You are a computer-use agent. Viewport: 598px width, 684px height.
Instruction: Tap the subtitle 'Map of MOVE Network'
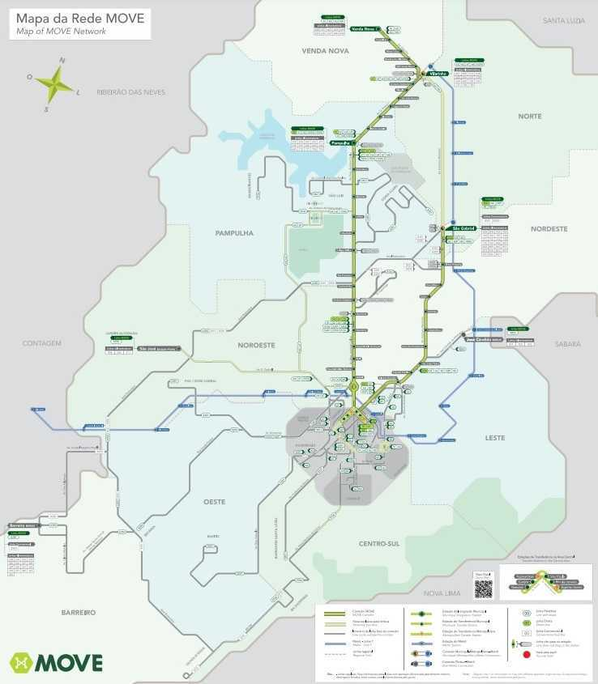pyautogui.click(x=62, y=31)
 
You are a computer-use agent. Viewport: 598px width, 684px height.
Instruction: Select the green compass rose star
pyautogui.click(x=55, y=83)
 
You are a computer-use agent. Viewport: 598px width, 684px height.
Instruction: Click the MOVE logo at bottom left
pyautogui.click(x=56, y=662)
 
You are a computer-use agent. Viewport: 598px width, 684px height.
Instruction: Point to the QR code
pyautogui.click(x=484, y=588)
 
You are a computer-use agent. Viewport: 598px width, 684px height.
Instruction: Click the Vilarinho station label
pyautogui.click(x=439, y=74)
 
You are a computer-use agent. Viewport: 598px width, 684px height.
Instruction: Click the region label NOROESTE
pyautogui.click(x=256, y=345)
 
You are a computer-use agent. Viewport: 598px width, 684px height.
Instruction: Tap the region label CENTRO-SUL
pyautogui.click(x=380, y=544)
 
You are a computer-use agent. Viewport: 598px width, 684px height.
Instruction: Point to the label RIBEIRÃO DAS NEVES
pyautogui.click(x=130, y=92)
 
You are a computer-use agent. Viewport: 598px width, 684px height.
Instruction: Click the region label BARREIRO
pyautogui.click(x=78, y=613)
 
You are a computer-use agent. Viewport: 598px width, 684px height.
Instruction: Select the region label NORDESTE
pyautogui.click(x=549, y=229)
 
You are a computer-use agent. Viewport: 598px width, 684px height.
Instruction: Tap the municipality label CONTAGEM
pyautogui.click(x=41, y=343)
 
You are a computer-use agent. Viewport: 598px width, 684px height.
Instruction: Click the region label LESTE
pyautogui.click(x=494, y=438)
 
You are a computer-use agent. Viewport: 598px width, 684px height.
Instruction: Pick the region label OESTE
pyautogui.click(x=214, y=502)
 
